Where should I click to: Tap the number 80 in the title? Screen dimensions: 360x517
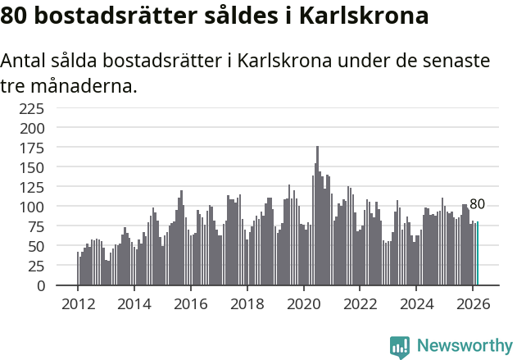15,16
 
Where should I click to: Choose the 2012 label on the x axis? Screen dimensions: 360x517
78,303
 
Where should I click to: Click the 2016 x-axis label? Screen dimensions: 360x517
191,303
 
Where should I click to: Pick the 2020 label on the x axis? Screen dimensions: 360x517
304,303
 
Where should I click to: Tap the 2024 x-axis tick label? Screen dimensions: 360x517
417,303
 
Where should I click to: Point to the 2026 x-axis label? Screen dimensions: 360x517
474,303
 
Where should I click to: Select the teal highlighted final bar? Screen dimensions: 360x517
478,254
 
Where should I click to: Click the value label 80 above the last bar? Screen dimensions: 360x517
477,204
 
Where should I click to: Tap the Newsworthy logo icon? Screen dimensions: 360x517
399,347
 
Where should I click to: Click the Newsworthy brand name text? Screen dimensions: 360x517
464,346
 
